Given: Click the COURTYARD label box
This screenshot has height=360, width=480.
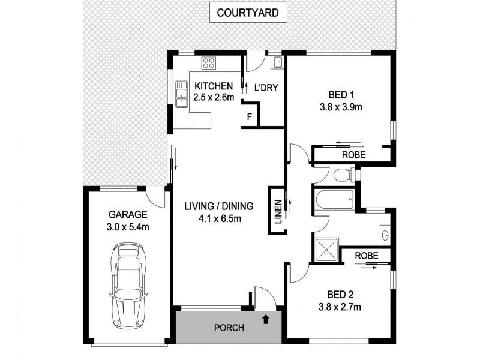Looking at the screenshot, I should pyautogui.click(x=248, y=13).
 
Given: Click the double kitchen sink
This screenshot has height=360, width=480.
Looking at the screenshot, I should pyautogui.click(x=181, y=95).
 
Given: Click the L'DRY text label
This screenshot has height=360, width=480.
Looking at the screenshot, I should pyautogui.click(x=265, y=86).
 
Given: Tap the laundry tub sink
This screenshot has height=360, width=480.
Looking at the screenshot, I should pyautogui.click(x=277, y=62).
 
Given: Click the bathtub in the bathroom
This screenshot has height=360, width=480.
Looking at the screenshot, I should pyautogui.click(x=334, y=199).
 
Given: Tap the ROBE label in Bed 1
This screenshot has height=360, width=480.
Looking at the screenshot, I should pyautogui.click(x=353, y=155).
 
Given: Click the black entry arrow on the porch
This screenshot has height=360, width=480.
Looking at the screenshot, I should pyautogui.click(x=266, y=320).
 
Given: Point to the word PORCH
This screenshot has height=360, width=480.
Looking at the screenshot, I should pyautogui.click(x=230, y=328).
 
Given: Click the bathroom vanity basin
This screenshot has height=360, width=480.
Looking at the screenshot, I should pyautogui.click(x=385, y=235).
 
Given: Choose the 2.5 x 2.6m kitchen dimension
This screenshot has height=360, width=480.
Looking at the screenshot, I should pyautogui.click(x=213, y=97).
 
